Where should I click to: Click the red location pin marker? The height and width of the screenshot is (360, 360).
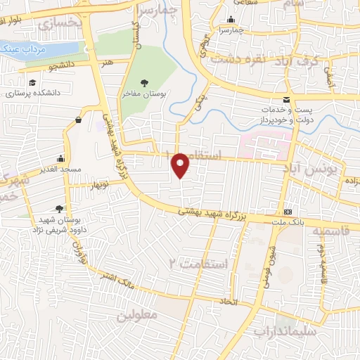click(181, 165)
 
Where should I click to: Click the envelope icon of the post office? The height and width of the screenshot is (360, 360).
click(285, 100)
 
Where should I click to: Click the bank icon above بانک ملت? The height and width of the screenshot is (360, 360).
click(288, 212)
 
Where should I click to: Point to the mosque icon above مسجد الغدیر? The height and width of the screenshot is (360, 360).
click(61, 158)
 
